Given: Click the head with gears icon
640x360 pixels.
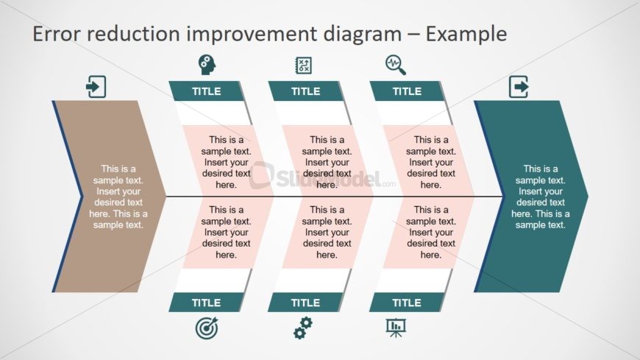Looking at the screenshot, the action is click(207, 65).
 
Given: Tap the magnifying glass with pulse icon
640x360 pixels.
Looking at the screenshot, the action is click(396, 65).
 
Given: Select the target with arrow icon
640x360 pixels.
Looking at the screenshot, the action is click(207, 328).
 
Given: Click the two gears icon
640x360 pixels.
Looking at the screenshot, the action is click(303, 328).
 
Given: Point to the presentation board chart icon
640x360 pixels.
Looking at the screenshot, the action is click(396, 328).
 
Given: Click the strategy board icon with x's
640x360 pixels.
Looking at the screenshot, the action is click(303, 66).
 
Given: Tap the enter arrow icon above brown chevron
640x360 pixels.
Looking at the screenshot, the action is click(96, 87).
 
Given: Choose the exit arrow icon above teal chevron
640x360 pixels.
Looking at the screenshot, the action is click(519, 87).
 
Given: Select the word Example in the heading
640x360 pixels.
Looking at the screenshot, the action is click(466, 35).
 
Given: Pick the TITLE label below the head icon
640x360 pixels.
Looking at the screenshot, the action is click(207, 91).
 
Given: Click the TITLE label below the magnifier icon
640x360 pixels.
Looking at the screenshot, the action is click(407, 91).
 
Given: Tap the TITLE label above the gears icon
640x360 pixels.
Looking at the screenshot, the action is click(305, 303).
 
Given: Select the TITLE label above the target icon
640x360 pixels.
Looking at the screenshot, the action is click(206, 303).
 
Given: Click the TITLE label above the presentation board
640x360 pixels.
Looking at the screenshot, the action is click(407, 303).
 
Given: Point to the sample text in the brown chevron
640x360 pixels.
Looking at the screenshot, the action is click(118, 197).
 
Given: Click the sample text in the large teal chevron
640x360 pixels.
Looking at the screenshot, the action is click(541, 197).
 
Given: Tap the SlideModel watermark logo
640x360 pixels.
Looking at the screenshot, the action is click(322, 177).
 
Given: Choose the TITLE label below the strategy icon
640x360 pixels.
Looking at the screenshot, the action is click(306, 91).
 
